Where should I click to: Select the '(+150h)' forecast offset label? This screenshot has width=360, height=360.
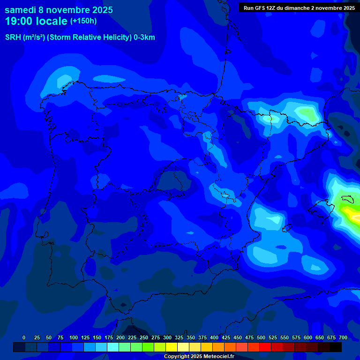coord(83,21)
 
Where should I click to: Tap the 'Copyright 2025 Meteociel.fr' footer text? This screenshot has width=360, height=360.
coord(199,357)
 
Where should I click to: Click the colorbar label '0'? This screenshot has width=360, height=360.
coord(24,338)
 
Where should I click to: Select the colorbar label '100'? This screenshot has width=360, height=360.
coord(74,338)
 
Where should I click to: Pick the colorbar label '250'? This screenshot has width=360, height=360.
coord(144,338)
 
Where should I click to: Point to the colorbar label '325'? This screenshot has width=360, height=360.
coord(179,338)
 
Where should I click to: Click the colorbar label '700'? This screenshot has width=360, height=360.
coord(343,338)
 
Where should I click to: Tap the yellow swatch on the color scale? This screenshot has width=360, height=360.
coord(172,347)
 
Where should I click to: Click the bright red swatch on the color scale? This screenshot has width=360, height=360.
coord(265,347)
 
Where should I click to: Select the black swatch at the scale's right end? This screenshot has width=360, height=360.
coord(336,347)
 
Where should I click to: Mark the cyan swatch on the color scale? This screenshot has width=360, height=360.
coord(113,347)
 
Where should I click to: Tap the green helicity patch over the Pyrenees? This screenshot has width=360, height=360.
coord(307,112)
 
